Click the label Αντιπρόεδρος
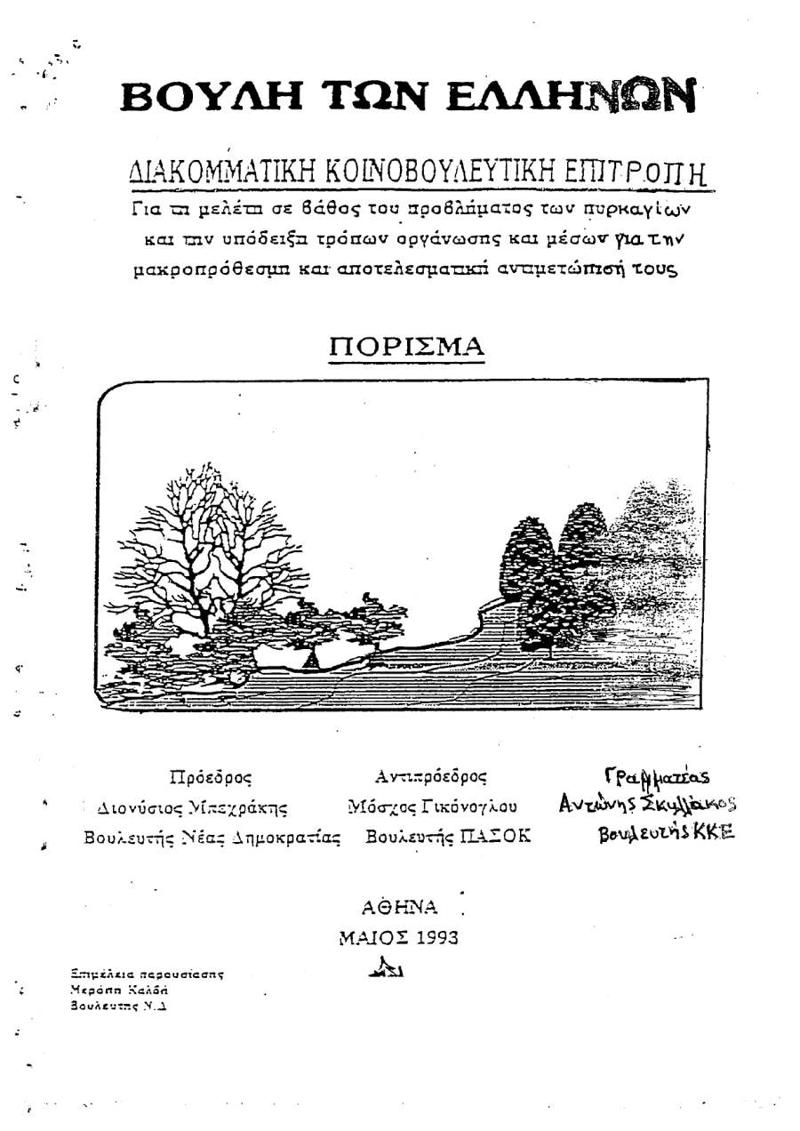pyautogui.click(x=431, y=776)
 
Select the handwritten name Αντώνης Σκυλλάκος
pyautogui.click(x=648, y=805)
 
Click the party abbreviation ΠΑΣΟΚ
pyautogui.click(x=492, y=838)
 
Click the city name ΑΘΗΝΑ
pyautogui.click(x=399, y=907)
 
